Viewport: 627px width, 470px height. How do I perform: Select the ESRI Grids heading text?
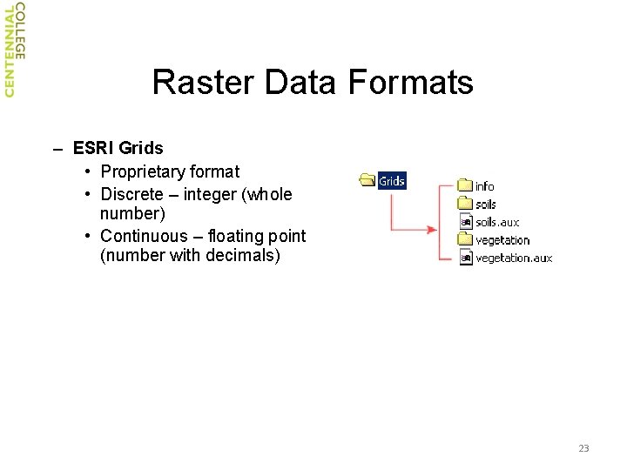click(118, 149)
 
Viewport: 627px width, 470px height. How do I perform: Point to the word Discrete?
click(131, 194)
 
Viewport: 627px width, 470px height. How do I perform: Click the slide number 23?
click(583, 448)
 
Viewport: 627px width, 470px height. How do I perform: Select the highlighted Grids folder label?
click(392, 181)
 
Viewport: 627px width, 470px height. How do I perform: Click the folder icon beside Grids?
click(367, 181)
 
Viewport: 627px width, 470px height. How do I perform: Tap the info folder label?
click(484, 186)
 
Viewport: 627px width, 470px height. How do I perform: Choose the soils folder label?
click(486, 205)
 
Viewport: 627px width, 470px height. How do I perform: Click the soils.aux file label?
click(497, 222)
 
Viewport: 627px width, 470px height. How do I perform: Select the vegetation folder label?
click(502, 240)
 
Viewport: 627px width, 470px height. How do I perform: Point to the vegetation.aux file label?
click(514, 258)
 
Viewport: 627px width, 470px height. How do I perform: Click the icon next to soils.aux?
click(466, 222)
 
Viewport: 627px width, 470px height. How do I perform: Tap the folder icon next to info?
click(466, 185)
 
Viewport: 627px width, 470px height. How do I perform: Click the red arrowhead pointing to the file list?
click(432, 230)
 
